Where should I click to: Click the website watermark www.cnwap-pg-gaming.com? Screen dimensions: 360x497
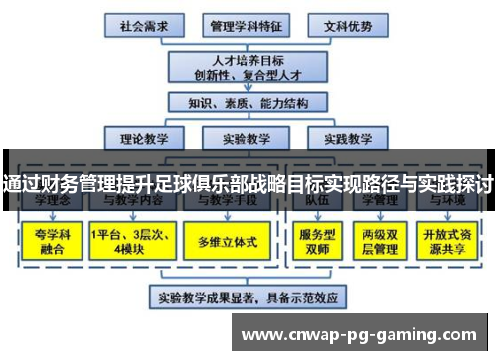[365, 334]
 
